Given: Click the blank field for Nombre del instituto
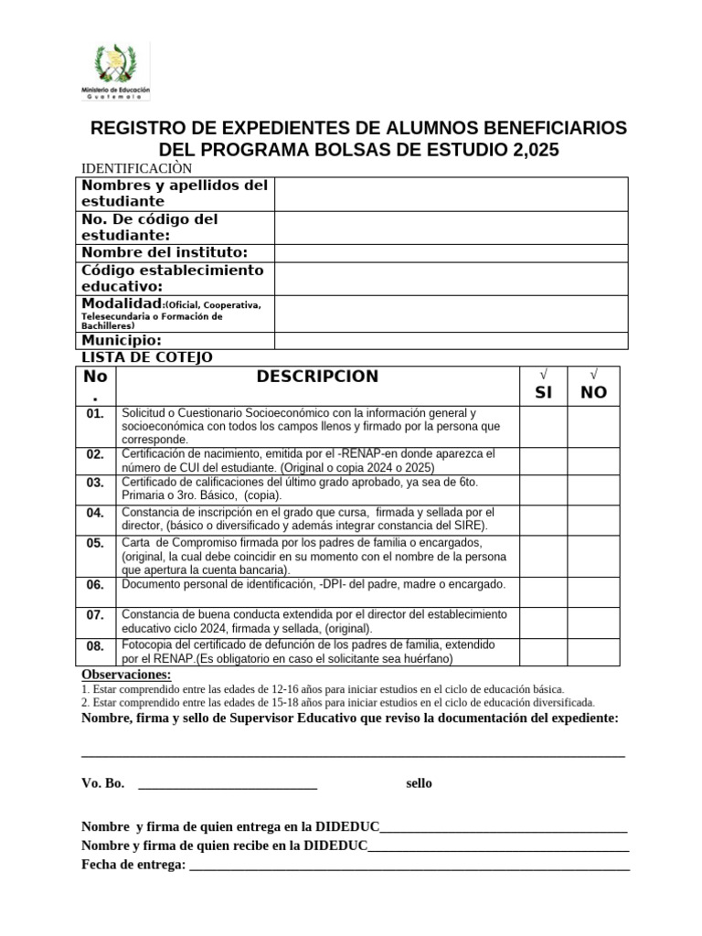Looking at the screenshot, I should click(451, 253).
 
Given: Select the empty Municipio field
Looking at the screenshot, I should click(451, 341).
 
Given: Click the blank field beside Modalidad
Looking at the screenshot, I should click(451, 314).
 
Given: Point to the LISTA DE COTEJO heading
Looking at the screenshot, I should click(147, 357).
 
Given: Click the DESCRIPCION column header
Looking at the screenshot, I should click(317, 377).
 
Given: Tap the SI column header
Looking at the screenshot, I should click(544, 392).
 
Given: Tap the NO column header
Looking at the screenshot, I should click(593, 392).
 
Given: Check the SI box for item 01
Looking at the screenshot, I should click(544, 427).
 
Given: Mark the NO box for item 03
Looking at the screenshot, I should click(593, 488).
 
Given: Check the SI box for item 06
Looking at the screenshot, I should click(544, 590).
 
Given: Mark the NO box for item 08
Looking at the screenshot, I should click(593, 652).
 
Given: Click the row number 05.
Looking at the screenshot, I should click(96, 543).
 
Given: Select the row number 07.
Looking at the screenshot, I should click(96, 616).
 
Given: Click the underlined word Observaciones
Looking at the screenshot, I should click(126, 675).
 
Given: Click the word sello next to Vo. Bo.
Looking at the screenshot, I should click(420, 783).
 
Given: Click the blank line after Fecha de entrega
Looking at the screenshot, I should click(409, 866).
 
